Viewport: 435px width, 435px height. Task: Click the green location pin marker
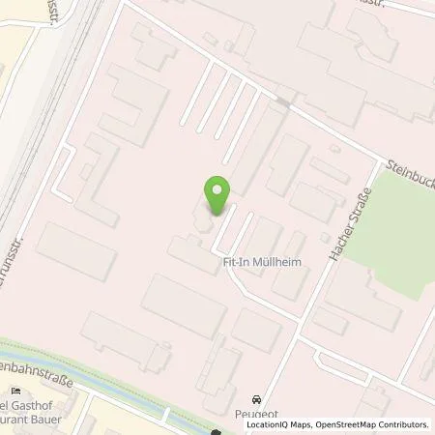click(x=217, y=196)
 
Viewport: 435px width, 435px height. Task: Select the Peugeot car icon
click(x=256, y=399)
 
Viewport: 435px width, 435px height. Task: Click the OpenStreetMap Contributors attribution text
click(x=367, y=424)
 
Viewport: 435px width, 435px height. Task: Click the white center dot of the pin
click(x=217, y=189)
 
